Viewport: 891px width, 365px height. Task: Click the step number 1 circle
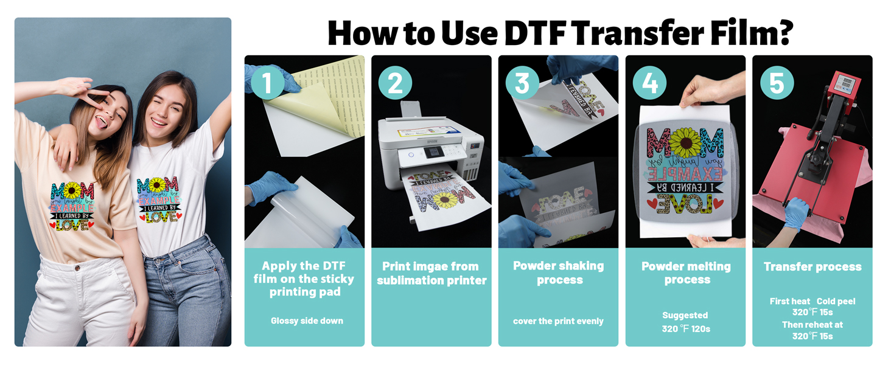pyautogui.click(x=268, y=83)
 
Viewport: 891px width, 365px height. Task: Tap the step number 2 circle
pyautogui.click(x=396, y=83)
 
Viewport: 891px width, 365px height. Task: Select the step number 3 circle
pyautogui.click(x=522, y=83)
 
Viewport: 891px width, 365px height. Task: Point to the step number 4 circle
pyautogui.click(x=649, y=83)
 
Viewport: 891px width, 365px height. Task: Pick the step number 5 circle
pyautogui.click(x=777, y=83)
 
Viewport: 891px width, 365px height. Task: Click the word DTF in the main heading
pyautogui.click(x=539, y=33)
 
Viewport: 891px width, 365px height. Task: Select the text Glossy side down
pyautogui.click(x=307, y=321)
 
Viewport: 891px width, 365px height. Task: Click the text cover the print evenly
pyautogui.click(x=558, y=321)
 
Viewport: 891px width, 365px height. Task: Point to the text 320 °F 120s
pyautogui.click(x=686, y=329)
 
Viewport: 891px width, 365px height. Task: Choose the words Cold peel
pyautogui.click(x=836, y=302)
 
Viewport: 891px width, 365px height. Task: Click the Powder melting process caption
pyautogui.click(x=686, y=273)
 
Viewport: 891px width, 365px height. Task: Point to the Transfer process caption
pyautogui.click(x=812, y=266)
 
